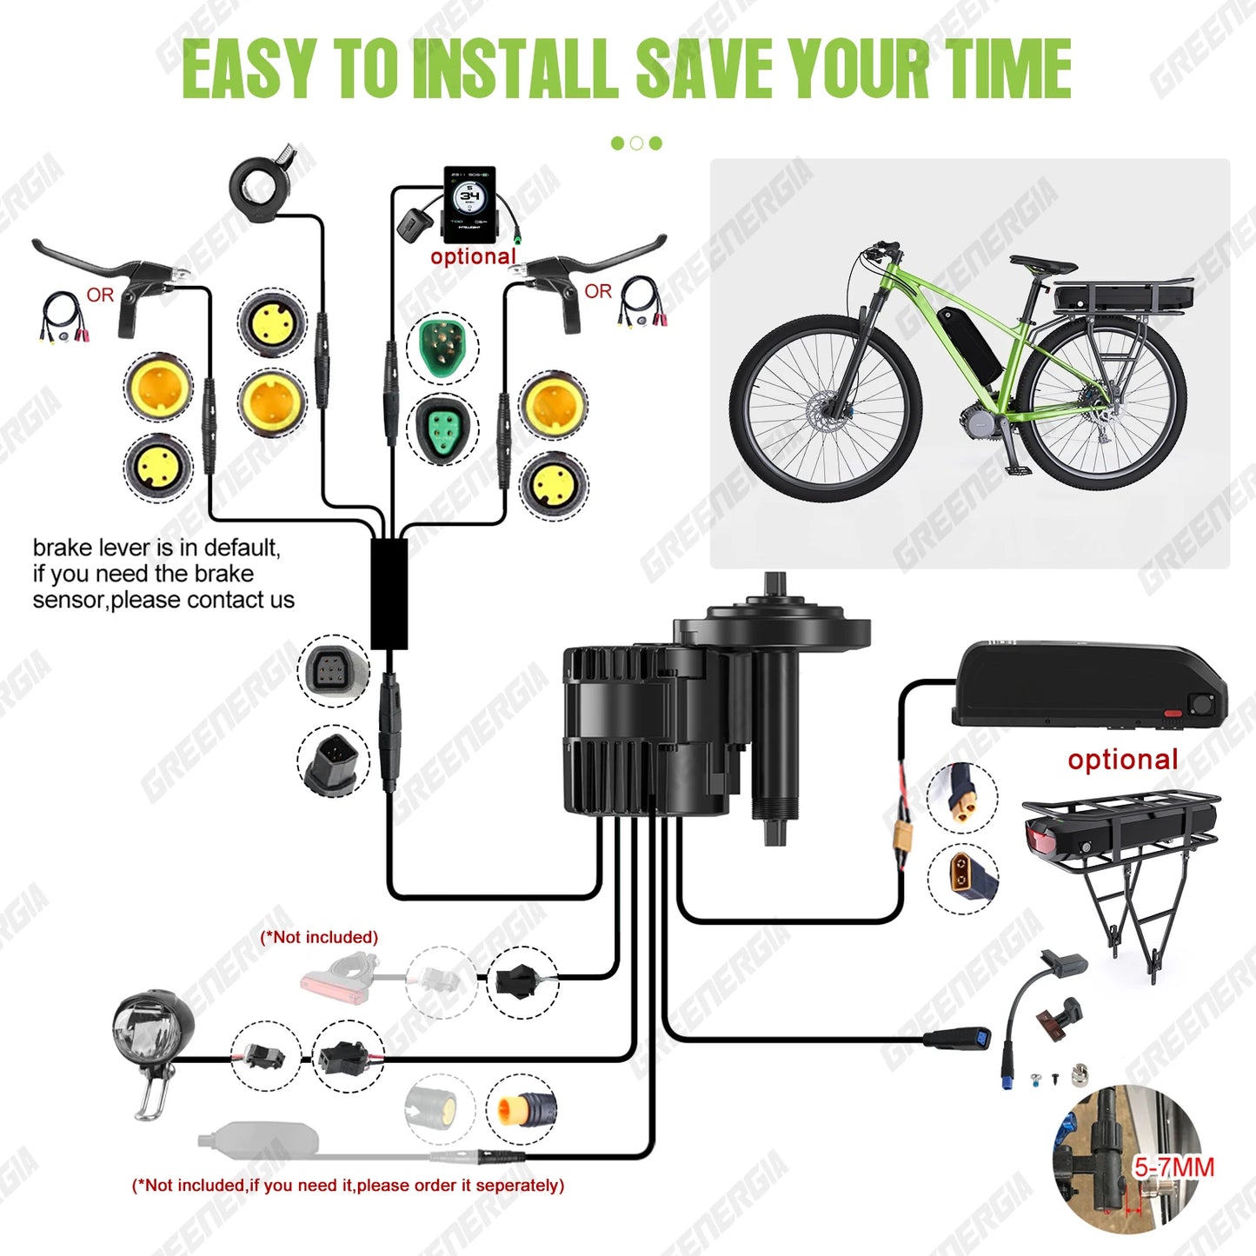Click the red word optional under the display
tap(473, 257)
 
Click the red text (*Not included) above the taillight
tap(319, 937)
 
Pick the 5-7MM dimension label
tap(1173, 1167)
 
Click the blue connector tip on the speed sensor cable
tap(980, 1038)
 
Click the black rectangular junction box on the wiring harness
tap(389, 594)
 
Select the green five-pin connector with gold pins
tap(442, 346)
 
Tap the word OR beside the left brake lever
tap(100, 295)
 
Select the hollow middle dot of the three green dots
tap(636, 143)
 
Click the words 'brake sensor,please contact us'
tap(163, 600)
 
